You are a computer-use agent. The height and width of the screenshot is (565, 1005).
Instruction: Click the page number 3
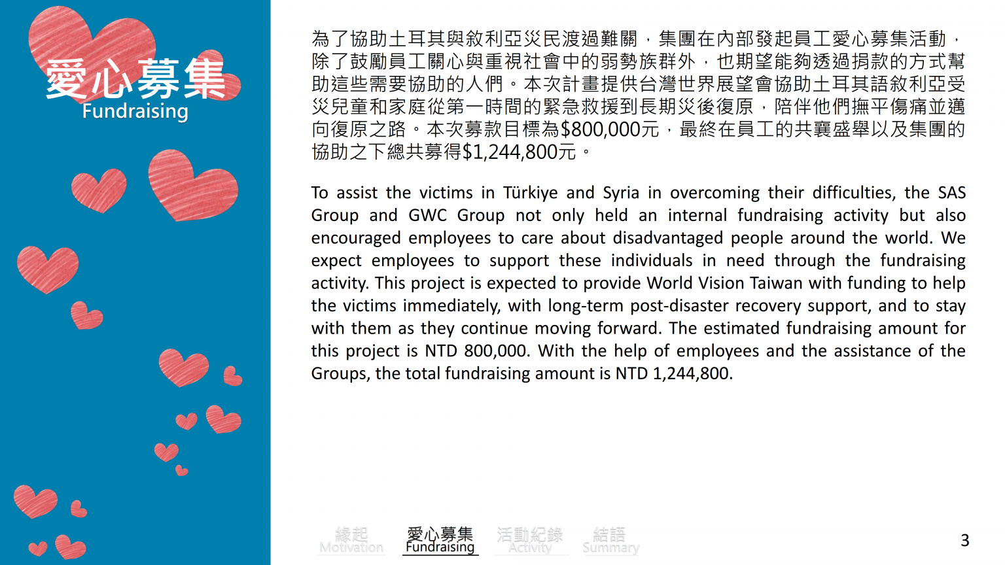click(964, 540)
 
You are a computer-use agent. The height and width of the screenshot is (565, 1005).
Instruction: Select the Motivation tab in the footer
click(351, 541)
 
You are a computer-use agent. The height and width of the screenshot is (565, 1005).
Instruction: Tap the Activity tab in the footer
click(530, 541)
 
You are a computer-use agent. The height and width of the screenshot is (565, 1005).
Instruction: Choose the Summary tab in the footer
click(610, 541)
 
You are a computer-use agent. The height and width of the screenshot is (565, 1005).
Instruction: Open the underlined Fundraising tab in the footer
click(440, 541)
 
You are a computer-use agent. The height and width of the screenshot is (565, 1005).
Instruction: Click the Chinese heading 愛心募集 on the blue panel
click(135, 79)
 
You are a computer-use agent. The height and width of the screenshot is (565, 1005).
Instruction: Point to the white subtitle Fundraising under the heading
click(135, 111)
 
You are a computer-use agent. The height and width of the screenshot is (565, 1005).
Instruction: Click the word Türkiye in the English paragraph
click(530, 193)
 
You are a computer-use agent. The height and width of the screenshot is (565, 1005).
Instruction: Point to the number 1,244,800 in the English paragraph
click(691, 373)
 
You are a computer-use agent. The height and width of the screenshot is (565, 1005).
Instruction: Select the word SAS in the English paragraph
click(952, 193)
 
